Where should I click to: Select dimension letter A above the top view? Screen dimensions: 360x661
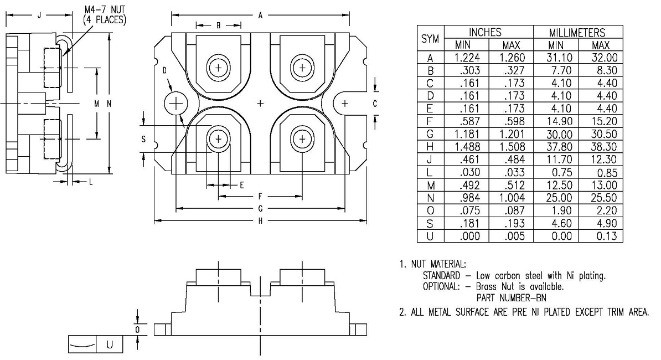coord(260,16)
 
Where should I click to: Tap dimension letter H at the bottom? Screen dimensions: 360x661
coord(260,220)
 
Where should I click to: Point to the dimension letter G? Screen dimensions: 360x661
coord(260,208)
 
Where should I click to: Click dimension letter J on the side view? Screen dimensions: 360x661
coord(38,16)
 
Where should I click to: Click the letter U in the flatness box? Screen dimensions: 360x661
coord(109,344)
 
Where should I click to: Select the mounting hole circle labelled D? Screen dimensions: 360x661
coord(177,104)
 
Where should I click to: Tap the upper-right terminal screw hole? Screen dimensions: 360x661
coord(302,68)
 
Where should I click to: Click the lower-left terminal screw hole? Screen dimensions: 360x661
coord(219,138)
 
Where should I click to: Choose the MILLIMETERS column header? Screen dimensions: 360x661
coord(577,33)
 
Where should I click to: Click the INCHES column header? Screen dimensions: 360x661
coord(485,33)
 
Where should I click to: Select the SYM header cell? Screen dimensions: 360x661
coord(430,39)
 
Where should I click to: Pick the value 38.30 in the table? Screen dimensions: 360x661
coord(601,147)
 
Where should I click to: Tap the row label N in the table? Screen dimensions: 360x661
coord(430,197)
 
